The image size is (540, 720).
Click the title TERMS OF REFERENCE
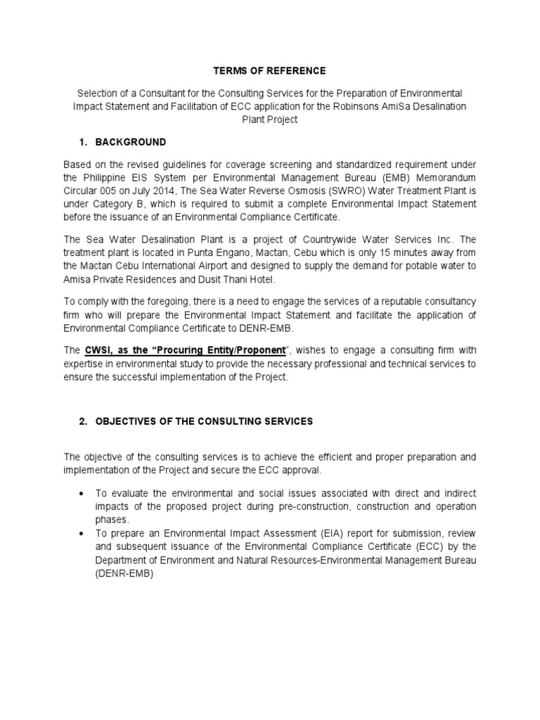pyautogui.click(x=270, y=71)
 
